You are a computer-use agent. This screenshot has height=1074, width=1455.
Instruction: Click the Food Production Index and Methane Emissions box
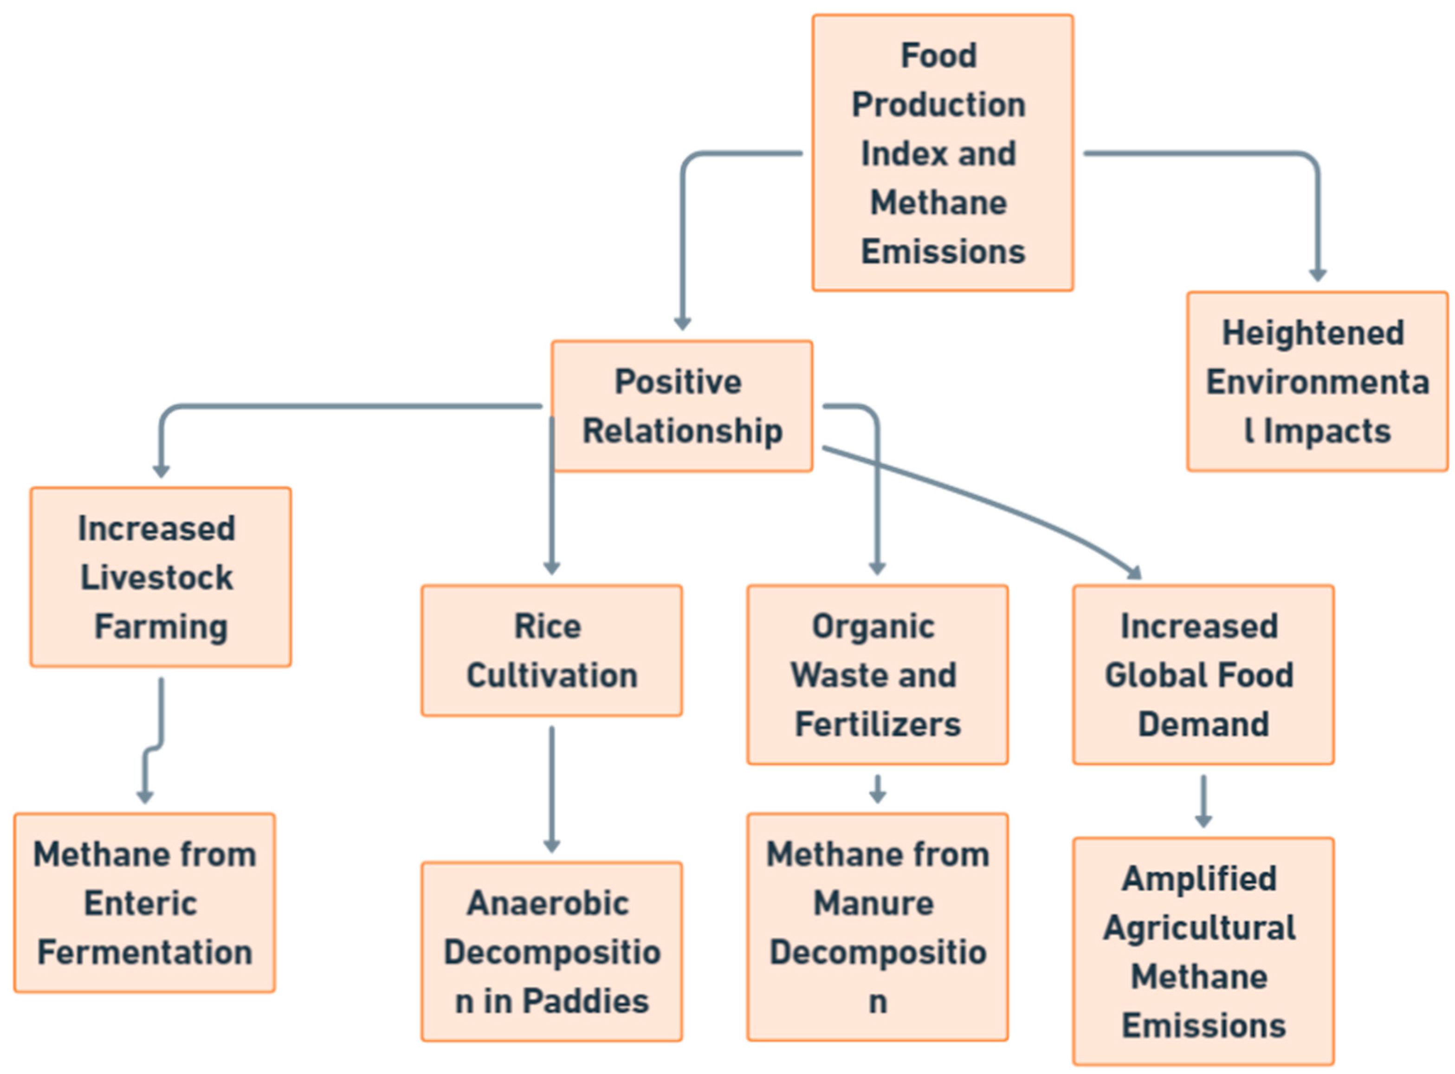[942, 153]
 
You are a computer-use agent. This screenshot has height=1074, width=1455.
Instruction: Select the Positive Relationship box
[682, 406]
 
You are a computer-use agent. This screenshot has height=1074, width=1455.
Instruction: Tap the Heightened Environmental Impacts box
[1317, 382]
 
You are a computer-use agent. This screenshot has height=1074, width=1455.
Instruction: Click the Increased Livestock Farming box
[161, 577]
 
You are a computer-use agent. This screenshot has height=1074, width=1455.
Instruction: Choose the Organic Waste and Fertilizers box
[877, 674]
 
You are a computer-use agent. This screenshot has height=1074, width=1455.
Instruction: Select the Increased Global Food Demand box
[1203, 674]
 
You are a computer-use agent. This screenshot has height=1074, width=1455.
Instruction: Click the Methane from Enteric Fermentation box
[144, 902]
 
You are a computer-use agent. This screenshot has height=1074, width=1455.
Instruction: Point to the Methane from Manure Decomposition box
[877, 926]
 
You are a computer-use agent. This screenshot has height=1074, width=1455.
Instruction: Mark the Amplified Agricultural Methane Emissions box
[1203, 951]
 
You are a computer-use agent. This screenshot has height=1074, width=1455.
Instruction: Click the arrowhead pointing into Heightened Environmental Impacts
[1317, 275]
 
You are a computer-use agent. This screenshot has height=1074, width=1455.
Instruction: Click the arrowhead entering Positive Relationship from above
[682, 323]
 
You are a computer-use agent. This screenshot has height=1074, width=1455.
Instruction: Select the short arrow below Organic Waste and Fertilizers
[877, 788]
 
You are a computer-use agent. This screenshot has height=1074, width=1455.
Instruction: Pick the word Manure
[873, 903]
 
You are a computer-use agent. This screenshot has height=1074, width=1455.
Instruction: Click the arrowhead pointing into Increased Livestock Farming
[161, 471]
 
